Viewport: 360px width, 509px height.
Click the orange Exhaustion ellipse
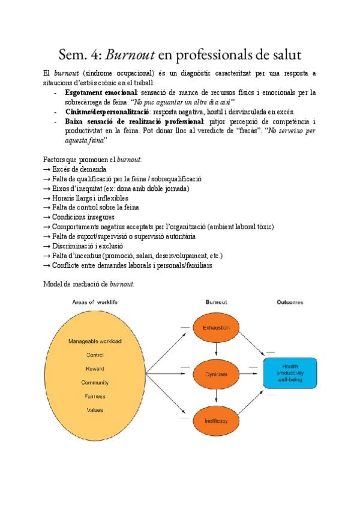tap(215, 328)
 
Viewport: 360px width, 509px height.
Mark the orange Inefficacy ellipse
tap(215, 421)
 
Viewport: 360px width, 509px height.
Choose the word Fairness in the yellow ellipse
tap(95, 396)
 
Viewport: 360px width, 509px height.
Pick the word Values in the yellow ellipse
tap(95, 410)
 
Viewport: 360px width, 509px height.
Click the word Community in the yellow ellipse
tap(95, 382)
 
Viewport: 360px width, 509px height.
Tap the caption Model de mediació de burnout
tap(89, 283)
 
